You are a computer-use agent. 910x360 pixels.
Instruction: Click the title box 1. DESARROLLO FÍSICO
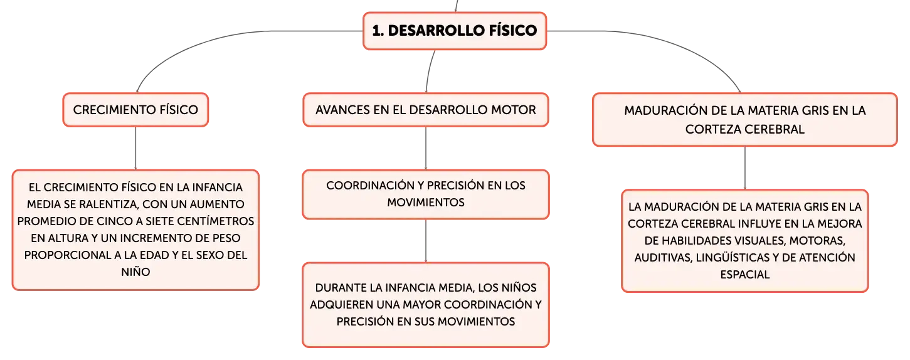[x=455, y=31]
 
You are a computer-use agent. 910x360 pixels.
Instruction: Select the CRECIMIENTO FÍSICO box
[x=135, y=110]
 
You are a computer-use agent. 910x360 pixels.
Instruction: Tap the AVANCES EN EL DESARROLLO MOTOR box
[x=426, y=110]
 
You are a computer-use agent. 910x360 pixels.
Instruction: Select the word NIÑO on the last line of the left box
[x=135, y=272]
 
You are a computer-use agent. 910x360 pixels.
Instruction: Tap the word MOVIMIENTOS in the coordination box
[x=426, y=203]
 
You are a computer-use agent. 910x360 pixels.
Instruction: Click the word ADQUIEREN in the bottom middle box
[x=341, y=304]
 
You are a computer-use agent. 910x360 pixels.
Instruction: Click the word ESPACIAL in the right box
[x=745, y=275]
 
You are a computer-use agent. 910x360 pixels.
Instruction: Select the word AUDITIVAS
[x=663, y=258]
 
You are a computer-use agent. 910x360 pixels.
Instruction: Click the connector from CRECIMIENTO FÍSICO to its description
[x=135, y=148]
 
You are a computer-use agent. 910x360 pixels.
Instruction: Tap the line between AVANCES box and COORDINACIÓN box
[x=426, y=148]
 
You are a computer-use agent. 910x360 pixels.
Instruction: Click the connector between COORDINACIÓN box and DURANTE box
[x=426, y=241]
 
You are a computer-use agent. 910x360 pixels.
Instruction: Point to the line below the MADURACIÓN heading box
[x=745, y=168]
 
